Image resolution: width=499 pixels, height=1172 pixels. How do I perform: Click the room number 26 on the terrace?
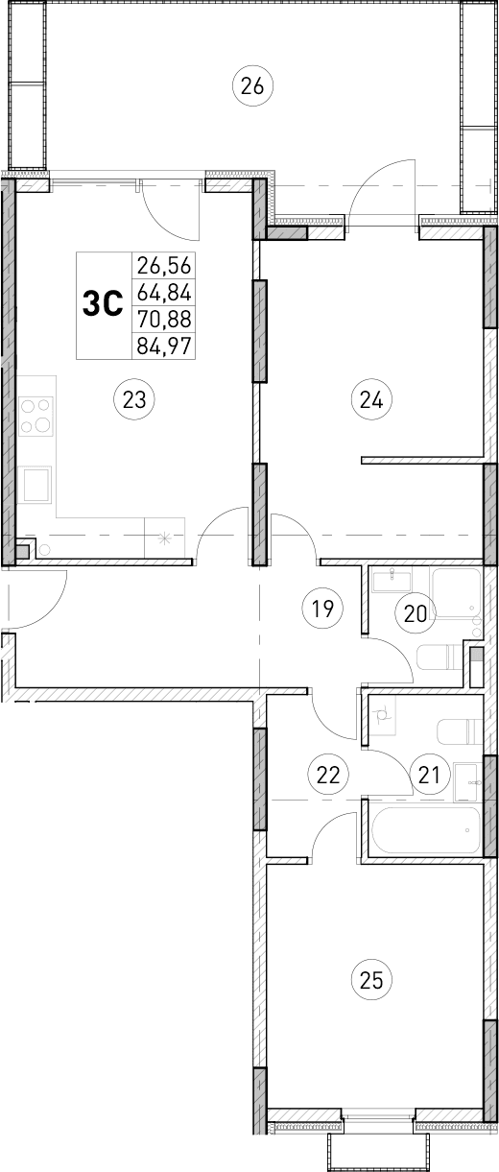click(253, 86)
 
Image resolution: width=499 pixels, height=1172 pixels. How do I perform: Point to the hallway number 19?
click(321, 607)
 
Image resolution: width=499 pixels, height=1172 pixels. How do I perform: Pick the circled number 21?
click(428, 773)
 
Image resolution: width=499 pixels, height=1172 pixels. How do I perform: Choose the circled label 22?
click(328, 774)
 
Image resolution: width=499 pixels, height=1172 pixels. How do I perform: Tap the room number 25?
click(372, 980)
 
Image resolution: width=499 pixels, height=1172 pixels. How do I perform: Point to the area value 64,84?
click(165, 292)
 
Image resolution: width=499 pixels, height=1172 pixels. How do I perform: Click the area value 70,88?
click(165, 319)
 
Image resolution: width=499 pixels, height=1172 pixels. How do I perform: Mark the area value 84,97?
click(165, 345)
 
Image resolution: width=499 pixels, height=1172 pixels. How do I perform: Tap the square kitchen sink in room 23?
click(37, 484)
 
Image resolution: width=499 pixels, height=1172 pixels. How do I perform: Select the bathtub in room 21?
click(426, 829)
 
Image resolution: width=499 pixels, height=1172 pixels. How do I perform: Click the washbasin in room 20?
click(392, 581)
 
